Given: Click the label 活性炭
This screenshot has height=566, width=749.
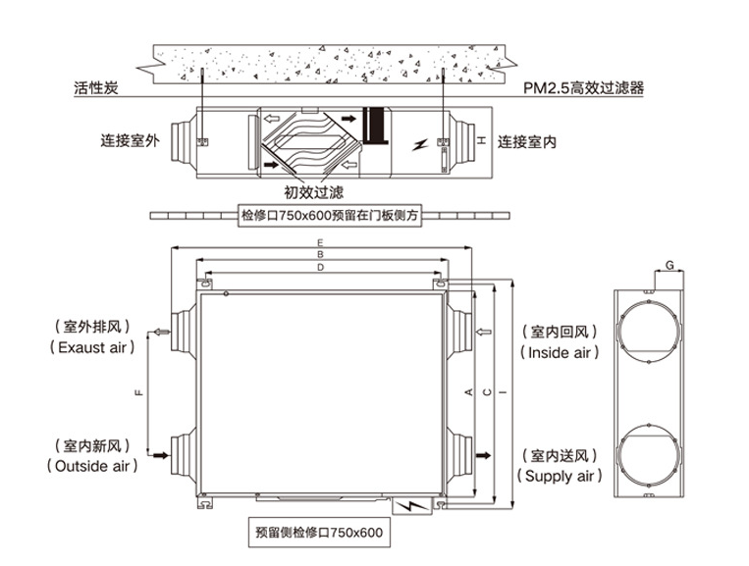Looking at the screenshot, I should pos(95,88).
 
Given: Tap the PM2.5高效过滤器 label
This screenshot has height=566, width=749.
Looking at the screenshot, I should pos(585,88).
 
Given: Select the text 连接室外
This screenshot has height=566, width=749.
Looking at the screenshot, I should pos(129,139).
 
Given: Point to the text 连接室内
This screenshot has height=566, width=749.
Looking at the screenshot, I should pos(526,141).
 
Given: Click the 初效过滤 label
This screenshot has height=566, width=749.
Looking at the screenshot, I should pos(314,193).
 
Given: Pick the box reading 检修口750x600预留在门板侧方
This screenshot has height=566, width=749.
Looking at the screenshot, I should pos(331,215).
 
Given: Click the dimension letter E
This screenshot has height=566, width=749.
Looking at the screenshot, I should pos(320,241).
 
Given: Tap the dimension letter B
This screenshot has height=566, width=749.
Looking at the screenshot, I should pos(320,254).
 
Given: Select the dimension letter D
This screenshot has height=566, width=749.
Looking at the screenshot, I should pos(320,267).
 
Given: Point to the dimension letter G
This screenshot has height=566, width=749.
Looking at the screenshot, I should pos(669,265).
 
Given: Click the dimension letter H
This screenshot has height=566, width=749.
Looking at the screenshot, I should pos(481,141).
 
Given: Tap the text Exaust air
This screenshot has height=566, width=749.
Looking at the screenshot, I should pos(93,347).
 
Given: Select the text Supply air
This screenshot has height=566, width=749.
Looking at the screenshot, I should pos(557,477).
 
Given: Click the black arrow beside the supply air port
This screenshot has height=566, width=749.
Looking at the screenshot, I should pos(484,455).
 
